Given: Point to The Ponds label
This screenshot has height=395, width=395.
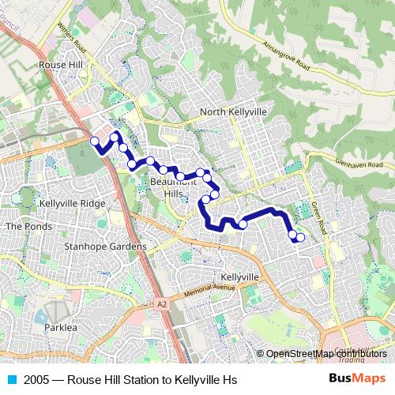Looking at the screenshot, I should pos(28,227).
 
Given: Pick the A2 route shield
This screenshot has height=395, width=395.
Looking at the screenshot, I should pos(162,303).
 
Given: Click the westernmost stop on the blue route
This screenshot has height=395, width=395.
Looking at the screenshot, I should pos(95,141).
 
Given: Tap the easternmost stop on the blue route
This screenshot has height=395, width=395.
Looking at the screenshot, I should pos(300,238).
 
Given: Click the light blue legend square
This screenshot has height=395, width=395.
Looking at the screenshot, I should pos(12,378).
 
